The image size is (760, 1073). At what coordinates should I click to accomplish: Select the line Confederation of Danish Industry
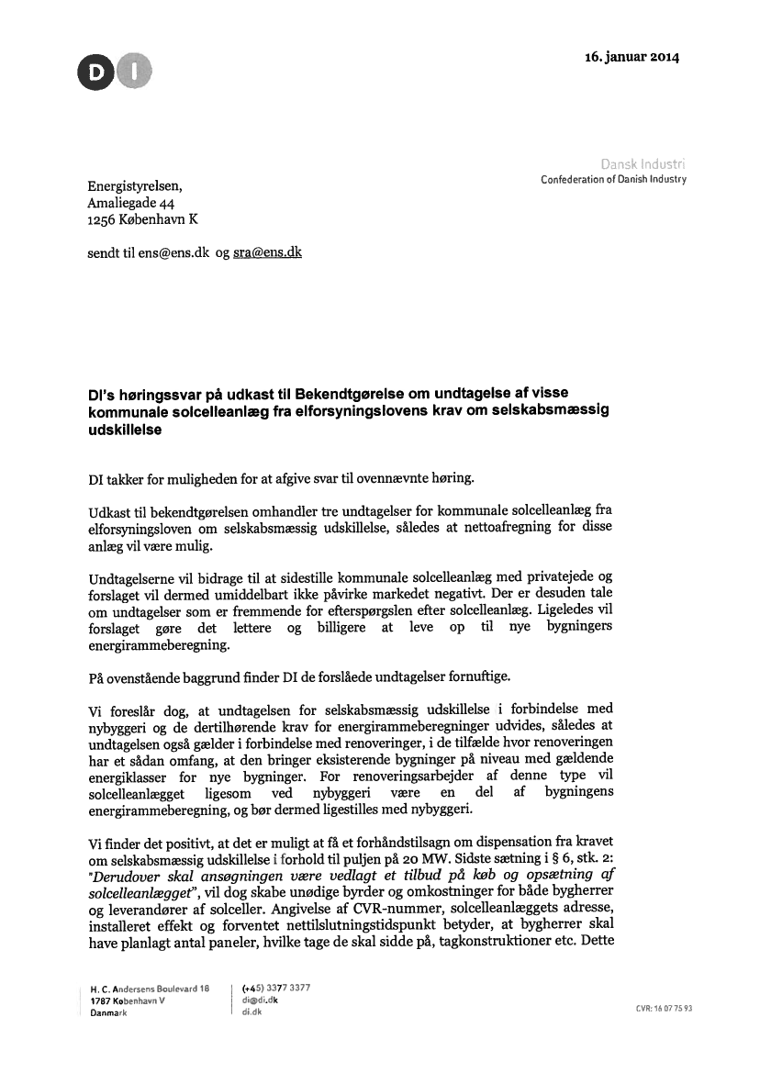(x=614, y=179)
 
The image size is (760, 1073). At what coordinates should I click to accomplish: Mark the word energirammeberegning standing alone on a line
(x=152, y=643)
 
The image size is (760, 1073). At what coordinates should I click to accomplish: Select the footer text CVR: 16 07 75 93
(x=663, y=1009)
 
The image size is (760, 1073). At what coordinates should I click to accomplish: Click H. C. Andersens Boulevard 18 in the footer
(x=151, y=988)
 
